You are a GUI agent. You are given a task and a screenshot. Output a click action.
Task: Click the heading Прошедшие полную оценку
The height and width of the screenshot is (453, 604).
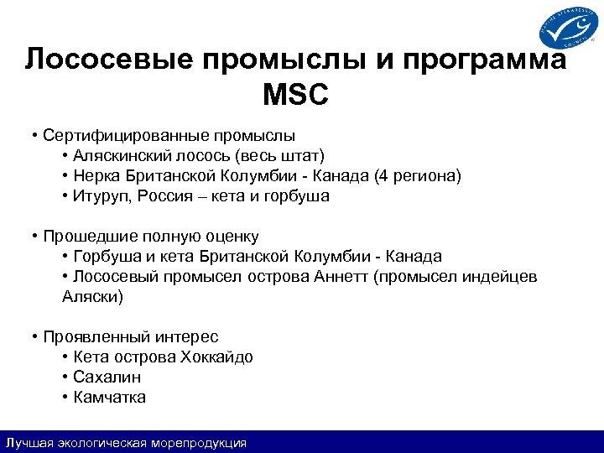(151, 237)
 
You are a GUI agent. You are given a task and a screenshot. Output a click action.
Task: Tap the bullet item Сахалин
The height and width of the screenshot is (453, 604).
(107, 377)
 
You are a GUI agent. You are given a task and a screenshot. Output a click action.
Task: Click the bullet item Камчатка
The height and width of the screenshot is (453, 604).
(109, 398)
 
